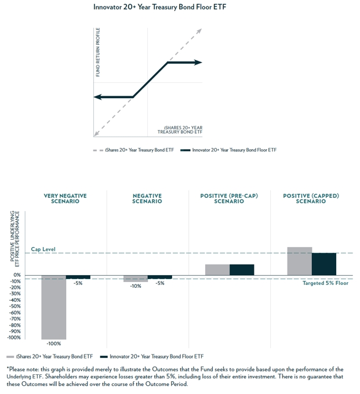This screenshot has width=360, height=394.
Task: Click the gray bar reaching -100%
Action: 53,307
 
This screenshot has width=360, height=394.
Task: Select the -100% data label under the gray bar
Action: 53,344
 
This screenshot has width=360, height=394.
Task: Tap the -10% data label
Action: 136,286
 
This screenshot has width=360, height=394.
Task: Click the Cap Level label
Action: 43,249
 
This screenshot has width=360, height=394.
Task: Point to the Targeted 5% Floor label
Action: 325,283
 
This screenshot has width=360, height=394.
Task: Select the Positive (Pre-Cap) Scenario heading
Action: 229,198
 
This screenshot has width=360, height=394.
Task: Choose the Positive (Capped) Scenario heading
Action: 311,198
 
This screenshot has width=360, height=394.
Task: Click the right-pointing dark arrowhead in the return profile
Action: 198,62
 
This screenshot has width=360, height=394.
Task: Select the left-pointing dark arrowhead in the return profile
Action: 97,97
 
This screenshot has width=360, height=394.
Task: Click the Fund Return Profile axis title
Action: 98,52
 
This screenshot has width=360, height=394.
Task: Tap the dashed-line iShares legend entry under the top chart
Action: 133,150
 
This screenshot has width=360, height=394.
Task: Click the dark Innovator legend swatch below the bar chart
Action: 105,356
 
